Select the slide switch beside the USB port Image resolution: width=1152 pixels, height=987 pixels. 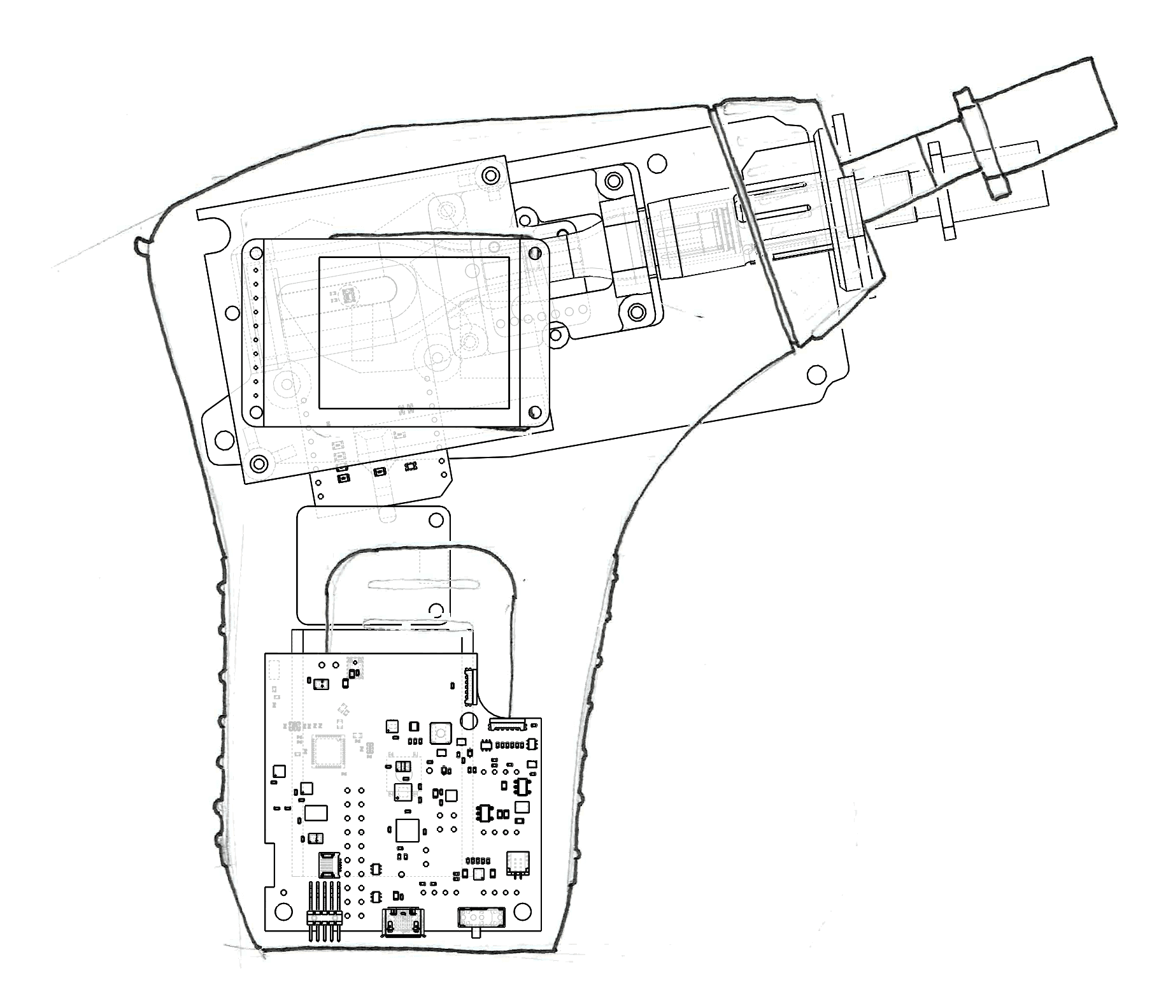click(x=481, y=918)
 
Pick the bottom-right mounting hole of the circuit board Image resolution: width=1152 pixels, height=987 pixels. click(x=523, y=909)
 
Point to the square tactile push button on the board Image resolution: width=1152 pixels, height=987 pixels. click(x=440, y=733)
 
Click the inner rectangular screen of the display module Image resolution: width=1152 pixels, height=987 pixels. click(x=414, y=332)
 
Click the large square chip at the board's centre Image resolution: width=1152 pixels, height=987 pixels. click(x=408, y=830)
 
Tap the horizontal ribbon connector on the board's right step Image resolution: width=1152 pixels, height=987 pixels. click(x=508, y=724)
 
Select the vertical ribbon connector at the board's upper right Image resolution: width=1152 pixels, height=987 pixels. click(x=469, y=685)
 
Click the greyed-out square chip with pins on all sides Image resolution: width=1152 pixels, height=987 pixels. click(x=327, y=751)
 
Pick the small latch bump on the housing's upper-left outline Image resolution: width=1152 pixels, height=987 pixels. click(x=141, y=244)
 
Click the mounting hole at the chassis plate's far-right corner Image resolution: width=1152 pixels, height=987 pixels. click(x=815, y=374)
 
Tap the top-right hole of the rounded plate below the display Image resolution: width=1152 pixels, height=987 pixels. click(x=436, y=521)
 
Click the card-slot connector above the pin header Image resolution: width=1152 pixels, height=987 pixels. click(x=329, y=865)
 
